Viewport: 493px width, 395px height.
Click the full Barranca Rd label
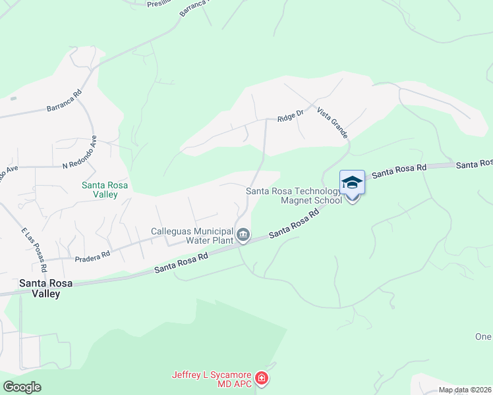tap(63, 100)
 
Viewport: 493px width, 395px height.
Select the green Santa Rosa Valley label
tap(100, 190)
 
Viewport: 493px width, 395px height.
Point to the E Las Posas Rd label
tap(34, 250)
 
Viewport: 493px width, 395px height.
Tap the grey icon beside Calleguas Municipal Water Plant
tap(243, 235)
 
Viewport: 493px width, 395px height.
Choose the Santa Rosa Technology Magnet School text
tap(294, 196)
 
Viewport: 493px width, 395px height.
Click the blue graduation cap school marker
tap(352, 183)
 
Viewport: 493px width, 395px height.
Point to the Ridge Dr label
tap(290, 117)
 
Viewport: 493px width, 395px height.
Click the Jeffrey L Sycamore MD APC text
tap(212, 379)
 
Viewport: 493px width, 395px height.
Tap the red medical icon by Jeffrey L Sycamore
tap(262, 379)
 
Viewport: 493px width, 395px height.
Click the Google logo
tap(22, 387)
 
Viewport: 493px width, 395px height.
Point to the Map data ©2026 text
tap(465, 390)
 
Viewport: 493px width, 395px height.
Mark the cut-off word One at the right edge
tap(483, 336)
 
